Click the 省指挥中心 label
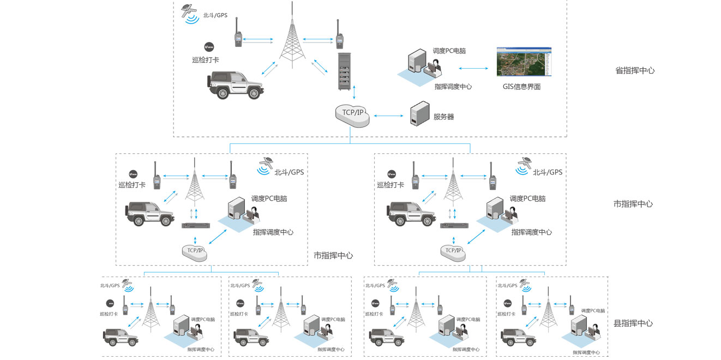635,70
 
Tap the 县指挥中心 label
633,323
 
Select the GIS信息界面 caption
521,87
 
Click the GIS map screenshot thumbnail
524,62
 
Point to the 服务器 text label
443,117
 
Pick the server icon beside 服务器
418,114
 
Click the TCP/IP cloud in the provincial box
352,113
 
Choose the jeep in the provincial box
236,85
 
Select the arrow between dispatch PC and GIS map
473,68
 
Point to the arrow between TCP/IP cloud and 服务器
389,116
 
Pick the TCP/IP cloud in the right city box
454,250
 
